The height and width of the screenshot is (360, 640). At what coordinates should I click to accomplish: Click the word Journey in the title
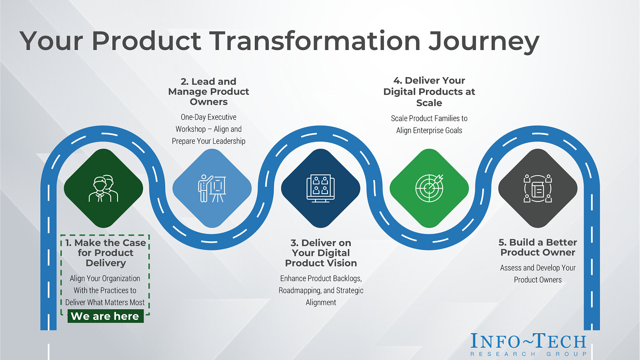click(x=484, y=42)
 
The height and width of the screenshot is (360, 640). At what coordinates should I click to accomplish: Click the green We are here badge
click(x=106, y=316)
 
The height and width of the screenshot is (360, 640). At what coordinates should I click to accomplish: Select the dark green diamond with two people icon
click(x=104, y=188)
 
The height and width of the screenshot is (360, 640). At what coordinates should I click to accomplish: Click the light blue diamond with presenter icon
click(x=212, y=188)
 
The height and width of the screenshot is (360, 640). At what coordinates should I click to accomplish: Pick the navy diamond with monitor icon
click(x=320, y=188)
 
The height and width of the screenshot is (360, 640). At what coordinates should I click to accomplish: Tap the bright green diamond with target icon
click(x=429, y=188)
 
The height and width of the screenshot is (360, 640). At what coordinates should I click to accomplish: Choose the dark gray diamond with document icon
click(x=538, y=188)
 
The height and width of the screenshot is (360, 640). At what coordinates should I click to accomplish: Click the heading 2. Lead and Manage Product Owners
click(x=208, y=92)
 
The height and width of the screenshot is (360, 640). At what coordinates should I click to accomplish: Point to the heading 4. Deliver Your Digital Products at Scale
click(x=429, y=92)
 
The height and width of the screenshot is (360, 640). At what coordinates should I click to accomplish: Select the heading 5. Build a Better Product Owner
click(x=538, y=248)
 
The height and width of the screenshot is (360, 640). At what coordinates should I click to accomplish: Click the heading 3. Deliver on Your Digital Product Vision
click(x=321, y=253)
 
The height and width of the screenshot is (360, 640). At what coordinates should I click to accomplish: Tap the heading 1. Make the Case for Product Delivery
click(x=106, y=253)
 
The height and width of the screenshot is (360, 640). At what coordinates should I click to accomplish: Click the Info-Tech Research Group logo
click(x=528, y=345)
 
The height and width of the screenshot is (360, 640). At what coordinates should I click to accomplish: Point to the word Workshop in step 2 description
click(x=190, y=129)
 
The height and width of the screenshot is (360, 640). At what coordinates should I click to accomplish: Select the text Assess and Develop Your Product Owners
click(x=538, y=274)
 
